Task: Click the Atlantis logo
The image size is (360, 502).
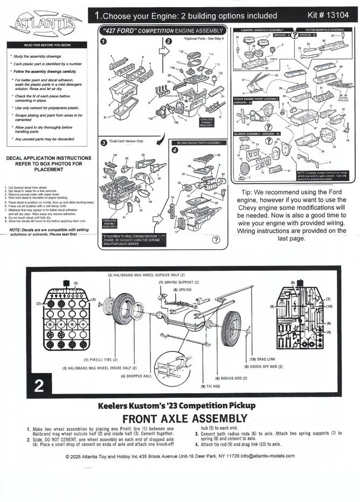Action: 45,23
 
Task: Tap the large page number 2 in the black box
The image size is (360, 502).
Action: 39,386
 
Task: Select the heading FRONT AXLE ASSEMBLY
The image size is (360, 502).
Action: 185,419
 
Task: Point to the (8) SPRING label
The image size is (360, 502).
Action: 182,290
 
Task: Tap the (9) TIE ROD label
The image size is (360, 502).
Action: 211,387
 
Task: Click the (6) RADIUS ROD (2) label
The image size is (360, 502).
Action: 231,379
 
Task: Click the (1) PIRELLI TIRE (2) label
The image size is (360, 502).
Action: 100,360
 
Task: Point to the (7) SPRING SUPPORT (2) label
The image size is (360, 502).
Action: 179,282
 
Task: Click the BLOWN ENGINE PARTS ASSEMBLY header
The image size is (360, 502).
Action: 199,143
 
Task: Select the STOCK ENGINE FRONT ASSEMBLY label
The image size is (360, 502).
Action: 256,99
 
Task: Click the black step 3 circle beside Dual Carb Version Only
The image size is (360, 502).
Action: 104,143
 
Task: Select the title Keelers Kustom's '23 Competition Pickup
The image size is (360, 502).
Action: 184,405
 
